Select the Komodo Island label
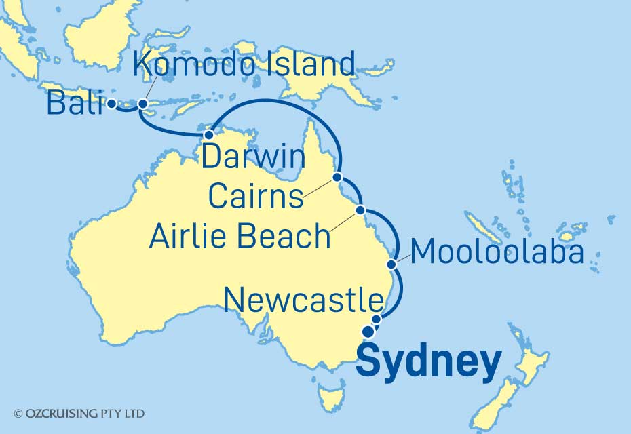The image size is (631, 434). [x=244, y=65]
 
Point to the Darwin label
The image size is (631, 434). [x=254, y=159]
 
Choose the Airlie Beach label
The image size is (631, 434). [x=240, y=237]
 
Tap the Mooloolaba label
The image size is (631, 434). [x=497, y=252]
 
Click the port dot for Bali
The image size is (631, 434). [x=111, y=104]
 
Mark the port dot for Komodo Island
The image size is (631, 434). [x=142, y=104]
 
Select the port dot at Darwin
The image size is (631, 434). [x=210, y=134]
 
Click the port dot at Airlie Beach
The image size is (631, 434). [x=361, y=210]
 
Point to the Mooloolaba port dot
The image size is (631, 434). [x=391, y=263]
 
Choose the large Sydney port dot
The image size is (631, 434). [x=368, y=332]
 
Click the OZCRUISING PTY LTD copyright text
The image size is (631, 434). [x=79, y=412]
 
